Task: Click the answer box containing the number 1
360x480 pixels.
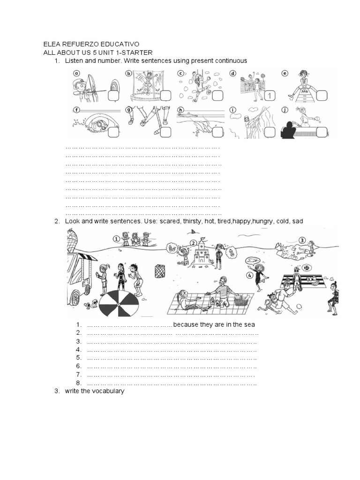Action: [x=269, y=96]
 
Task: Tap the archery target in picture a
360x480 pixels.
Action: [x=114, y=87]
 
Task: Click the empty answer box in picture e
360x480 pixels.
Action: [x=321, y=96]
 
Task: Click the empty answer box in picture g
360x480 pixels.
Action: [x=165, y=132]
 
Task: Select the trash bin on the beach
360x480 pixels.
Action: [x=160, y=271]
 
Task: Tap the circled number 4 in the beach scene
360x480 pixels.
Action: [x=250, y=275]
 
